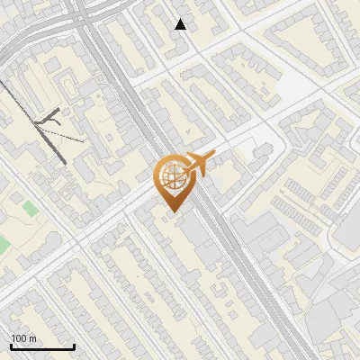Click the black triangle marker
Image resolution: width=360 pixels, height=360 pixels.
click(x=181, y=24)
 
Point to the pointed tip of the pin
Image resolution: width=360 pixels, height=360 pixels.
click(x=171, y=212)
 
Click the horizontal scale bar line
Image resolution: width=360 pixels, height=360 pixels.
click(x=41, y=347)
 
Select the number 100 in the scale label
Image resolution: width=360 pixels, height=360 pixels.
click(x=19, y=338)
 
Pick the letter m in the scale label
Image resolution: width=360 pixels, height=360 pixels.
click(x=32, y=338)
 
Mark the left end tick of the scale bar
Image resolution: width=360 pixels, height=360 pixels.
click(x=10, y=346)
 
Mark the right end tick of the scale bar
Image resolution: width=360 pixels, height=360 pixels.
click(x=74, y=346)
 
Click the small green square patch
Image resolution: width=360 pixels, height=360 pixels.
click(x=31, y=208)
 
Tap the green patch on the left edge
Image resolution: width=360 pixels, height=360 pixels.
click(x=3, y=245)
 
